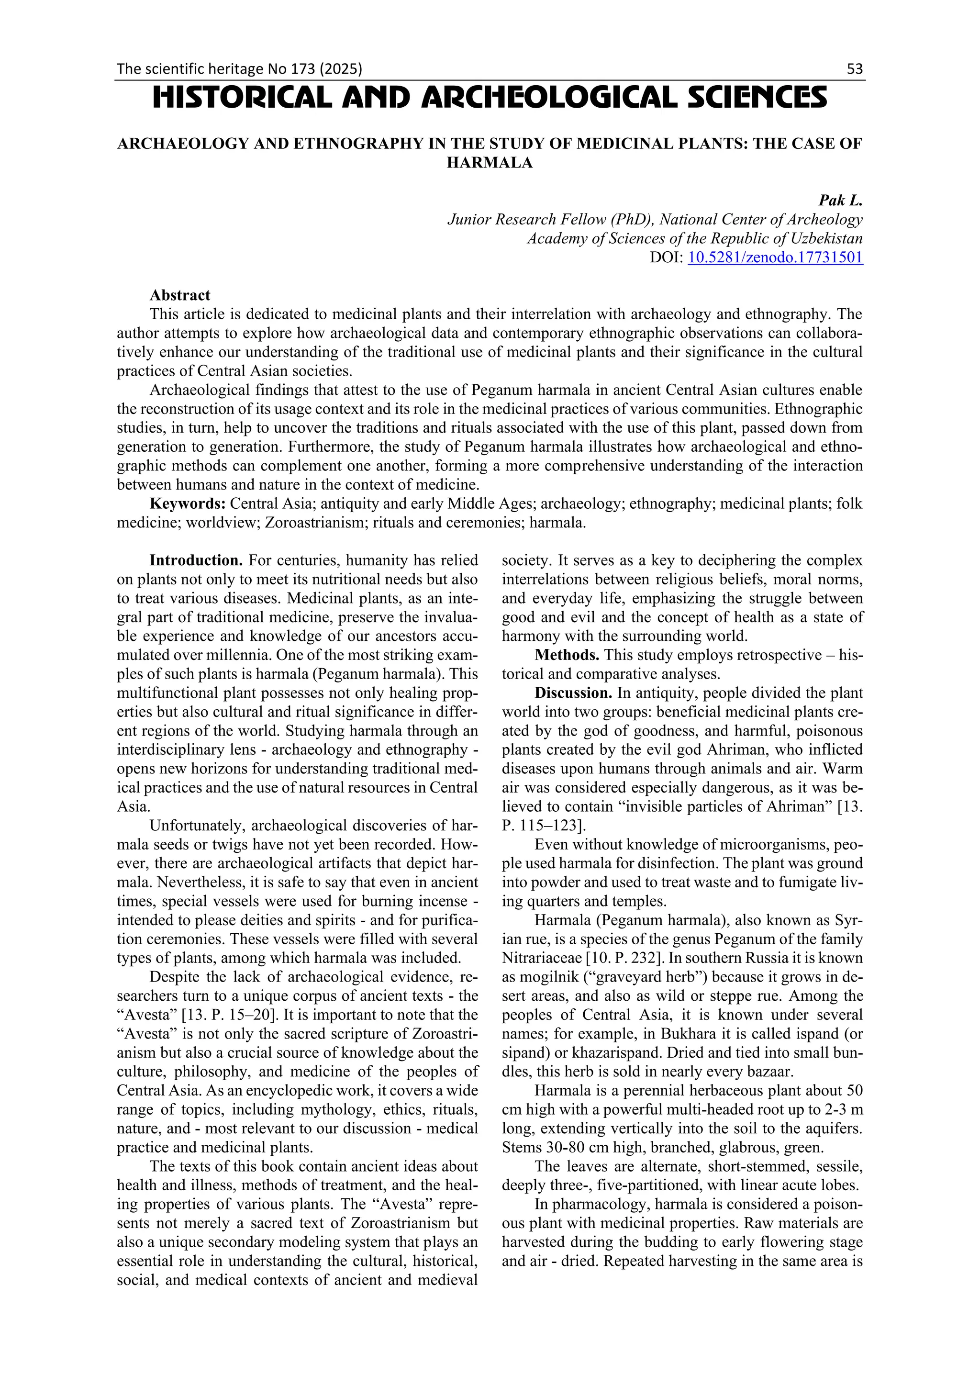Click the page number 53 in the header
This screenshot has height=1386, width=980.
(855, 69)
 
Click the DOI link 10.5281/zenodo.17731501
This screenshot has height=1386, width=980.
(775, 257)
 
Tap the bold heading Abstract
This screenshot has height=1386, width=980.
(180, 295)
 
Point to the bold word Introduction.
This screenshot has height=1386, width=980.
(196, 560)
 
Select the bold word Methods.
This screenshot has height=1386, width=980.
(567, 655)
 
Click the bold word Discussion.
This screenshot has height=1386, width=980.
(573, 693)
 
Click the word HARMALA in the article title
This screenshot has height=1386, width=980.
(490, 163)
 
